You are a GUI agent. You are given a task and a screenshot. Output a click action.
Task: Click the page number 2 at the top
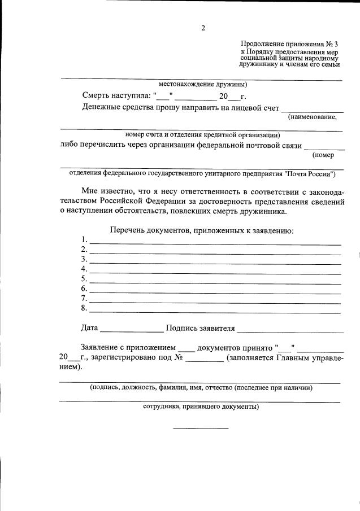203,28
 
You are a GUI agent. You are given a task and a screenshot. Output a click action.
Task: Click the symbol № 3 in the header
332,43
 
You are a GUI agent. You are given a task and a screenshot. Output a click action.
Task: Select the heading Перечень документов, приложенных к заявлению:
201,230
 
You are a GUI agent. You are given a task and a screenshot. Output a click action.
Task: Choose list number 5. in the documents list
84,279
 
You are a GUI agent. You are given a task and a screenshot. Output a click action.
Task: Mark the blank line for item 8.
215,312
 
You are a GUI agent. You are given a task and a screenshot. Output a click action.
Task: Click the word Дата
90,327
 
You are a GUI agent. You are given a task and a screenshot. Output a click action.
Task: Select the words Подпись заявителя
200,327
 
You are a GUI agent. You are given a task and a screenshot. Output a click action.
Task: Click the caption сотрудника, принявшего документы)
201,407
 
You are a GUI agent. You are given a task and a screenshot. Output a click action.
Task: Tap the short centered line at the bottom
201,428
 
